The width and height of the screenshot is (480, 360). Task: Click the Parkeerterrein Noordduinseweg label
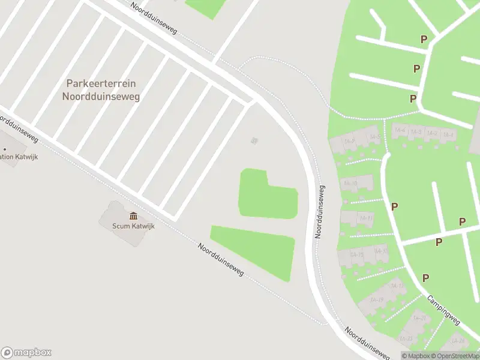101,90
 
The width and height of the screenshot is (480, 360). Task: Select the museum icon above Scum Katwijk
133,216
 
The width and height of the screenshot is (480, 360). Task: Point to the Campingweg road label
443,310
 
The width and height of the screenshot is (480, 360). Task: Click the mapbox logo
26,353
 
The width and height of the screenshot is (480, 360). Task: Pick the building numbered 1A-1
448,134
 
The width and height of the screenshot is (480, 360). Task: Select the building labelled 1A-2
432,133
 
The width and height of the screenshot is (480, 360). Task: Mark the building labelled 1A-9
349,142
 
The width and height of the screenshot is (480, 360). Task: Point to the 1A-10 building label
351,183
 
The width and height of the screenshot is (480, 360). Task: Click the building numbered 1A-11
365,217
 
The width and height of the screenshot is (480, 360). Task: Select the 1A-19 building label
377,299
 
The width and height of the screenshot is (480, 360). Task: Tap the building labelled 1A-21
420,318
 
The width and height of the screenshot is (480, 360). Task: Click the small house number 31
254,140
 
